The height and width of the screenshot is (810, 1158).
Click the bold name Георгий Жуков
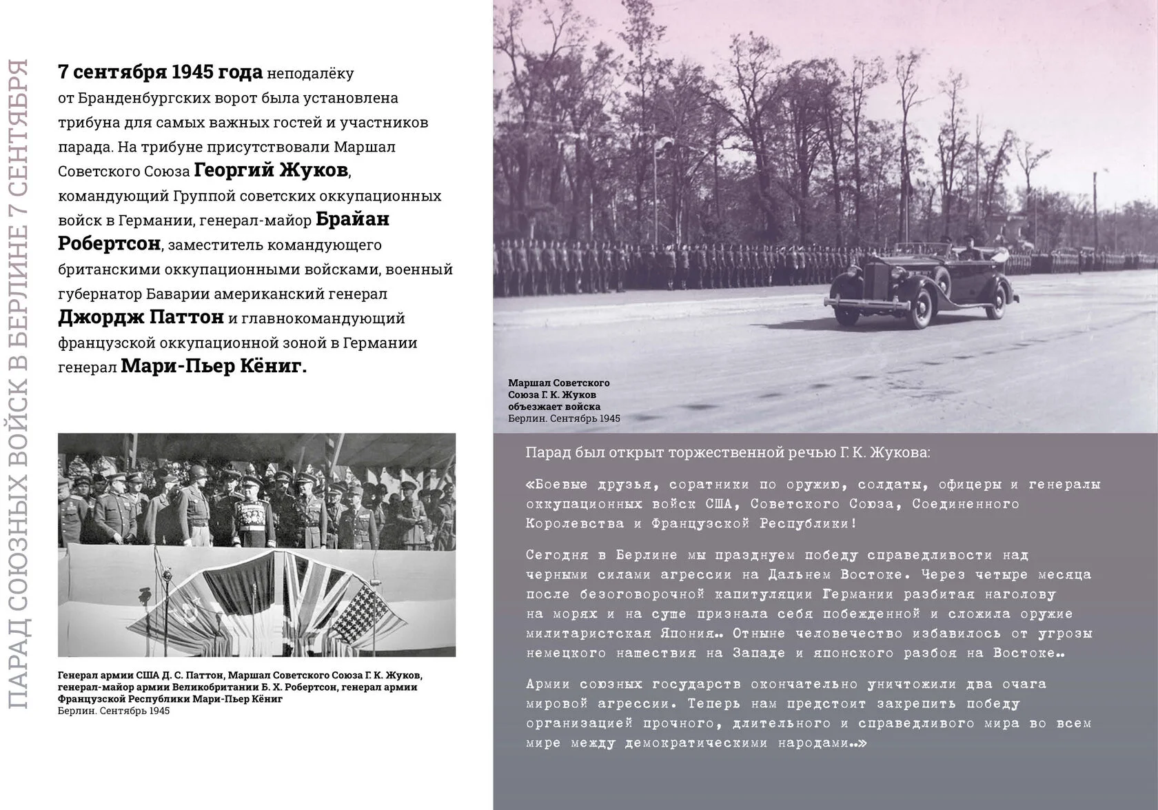pyautogui.click(x=271, y=170)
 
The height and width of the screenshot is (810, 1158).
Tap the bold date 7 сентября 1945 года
pyautogui.click(x=160, y=72)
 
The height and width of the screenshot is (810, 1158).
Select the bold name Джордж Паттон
pyautogui.click(x=141, y=317)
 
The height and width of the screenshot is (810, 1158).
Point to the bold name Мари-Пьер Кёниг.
pyautogui.click(x=214, y=366)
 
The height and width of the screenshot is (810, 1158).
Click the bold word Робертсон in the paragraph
pyautogui.click(x=109, y=244)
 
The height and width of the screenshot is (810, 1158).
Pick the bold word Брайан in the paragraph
pyautogui.click(x=352, y=219)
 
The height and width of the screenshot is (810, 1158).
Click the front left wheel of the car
pyautogui.click(x=920, y=309)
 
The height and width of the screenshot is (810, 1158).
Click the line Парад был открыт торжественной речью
pyautogui.click(x=727, y=453)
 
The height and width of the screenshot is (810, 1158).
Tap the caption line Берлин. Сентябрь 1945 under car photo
pyautogui.click(x=564, y=418)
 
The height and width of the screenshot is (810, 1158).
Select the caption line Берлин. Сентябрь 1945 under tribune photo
pyautogui.click(x=114, y=711)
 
